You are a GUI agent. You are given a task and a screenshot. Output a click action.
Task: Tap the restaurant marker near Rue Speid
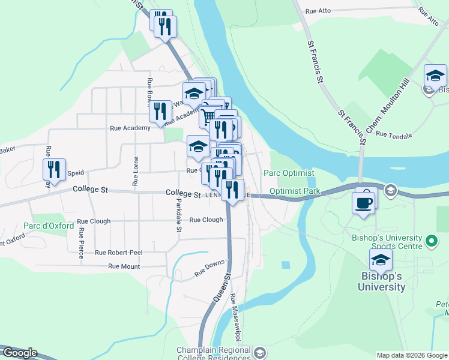pos(54,170)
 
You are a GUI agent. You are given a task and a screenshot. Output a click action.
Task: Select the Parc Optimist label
pos(289,173)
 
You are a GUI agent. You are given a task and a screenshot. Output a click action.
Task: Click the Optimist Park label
pos(295,191)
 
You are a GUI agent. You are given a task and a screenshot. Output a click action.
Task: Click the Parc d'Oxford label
pos(49,226)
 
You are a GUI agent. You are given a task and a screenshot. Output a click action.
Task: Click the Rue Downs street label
pos(209,268)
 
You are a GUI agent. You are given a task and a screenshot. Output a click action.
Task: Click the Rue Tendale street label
pos(394,136)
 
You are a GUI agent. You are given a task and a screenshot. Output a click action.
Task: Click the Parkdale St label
pos(178,216)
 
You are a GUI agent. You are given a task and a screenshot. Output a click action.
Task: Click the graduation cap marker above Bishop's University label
pos(381,261)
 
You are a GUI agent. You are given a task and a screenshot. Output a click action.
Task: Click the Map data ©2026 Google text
pos(412,355)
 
